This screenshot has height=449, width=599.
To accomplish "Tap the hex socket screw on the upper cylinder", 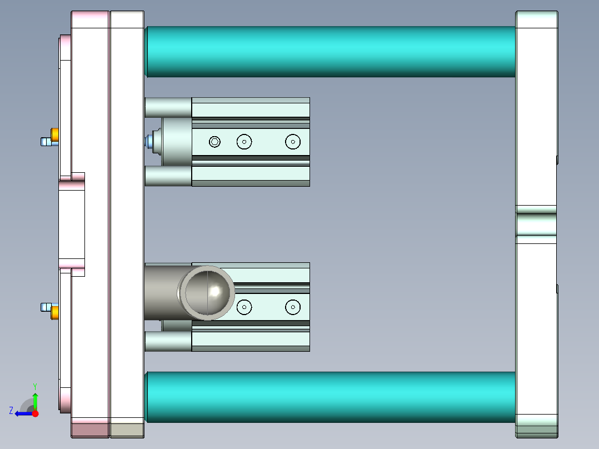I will point(215,142).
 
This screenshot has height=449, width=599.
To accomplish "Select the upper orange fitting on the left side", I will point(55,135).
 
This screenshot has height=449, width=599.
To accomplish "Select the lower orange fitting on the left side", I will point(55,312).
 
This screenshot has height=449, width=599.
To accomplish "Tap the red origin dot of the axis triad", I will point(35,413).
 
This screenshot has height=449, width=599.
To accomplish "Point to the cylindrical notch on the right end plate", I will point(536,225).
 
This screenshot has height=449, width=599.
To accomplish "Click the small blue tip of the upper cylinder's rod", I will point(148,142).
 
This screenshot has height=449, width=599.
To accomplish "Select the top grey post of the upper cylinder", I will point(167,107).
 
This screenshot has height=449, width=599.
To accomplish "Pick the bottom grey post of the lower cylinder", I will point(167,341).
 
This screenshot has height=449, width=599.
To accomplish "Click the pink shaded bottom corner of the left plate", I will point(89,430).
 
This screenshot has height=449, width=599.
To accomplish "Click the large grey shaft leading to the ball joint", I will point(161,292).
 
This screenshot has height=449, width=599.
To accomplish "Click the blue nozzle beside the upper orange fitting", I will point(45,142).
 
